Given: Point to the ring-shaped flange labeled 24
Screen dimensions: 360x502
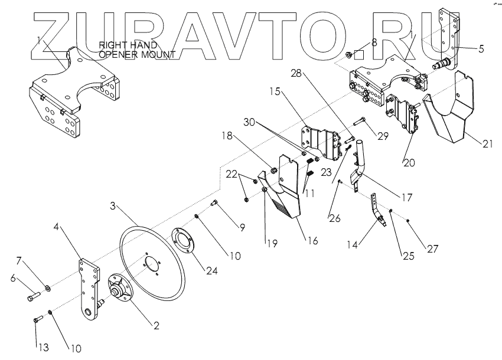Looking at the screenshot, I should (190, 241).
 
